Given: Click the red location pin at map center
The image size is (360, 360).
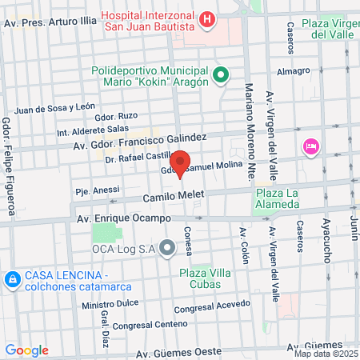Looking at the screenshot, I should tap(180, 163).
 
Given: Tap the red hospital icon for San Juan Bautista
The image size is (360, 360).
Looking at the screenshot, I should tap(208, 18).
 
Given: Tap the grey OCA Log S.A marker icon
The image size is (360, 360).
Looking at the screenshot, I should tap(167, 249).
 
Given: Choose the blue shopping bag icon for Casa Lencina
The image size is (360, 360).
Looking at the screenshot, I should tap(12, 280).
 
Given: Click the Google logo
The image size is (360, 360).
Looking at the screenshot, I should tap(26, 350).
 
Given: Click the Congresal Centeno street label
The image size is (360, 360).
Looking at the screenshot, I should tap(148, 325).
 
